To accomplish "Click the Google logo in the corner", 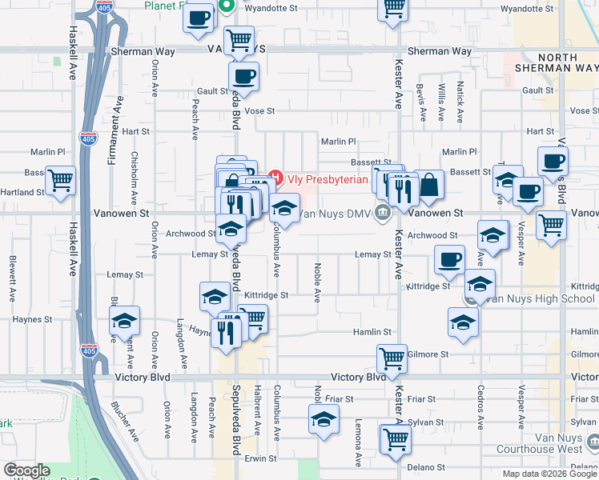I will (x=26, y=470).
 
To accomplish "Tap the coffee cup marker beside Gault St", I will (x=243, y=77).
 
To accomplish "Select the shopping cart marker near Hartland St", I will (x=60, y=181).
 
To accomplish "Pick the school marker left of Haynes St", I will (x=124, y=321).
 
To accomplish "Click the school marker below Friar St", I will (x=323, y=418).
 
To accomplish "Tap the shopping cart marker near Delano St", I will (x=396, y=440).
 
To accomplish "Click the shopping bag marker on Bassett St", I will (x=430, y=185).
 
